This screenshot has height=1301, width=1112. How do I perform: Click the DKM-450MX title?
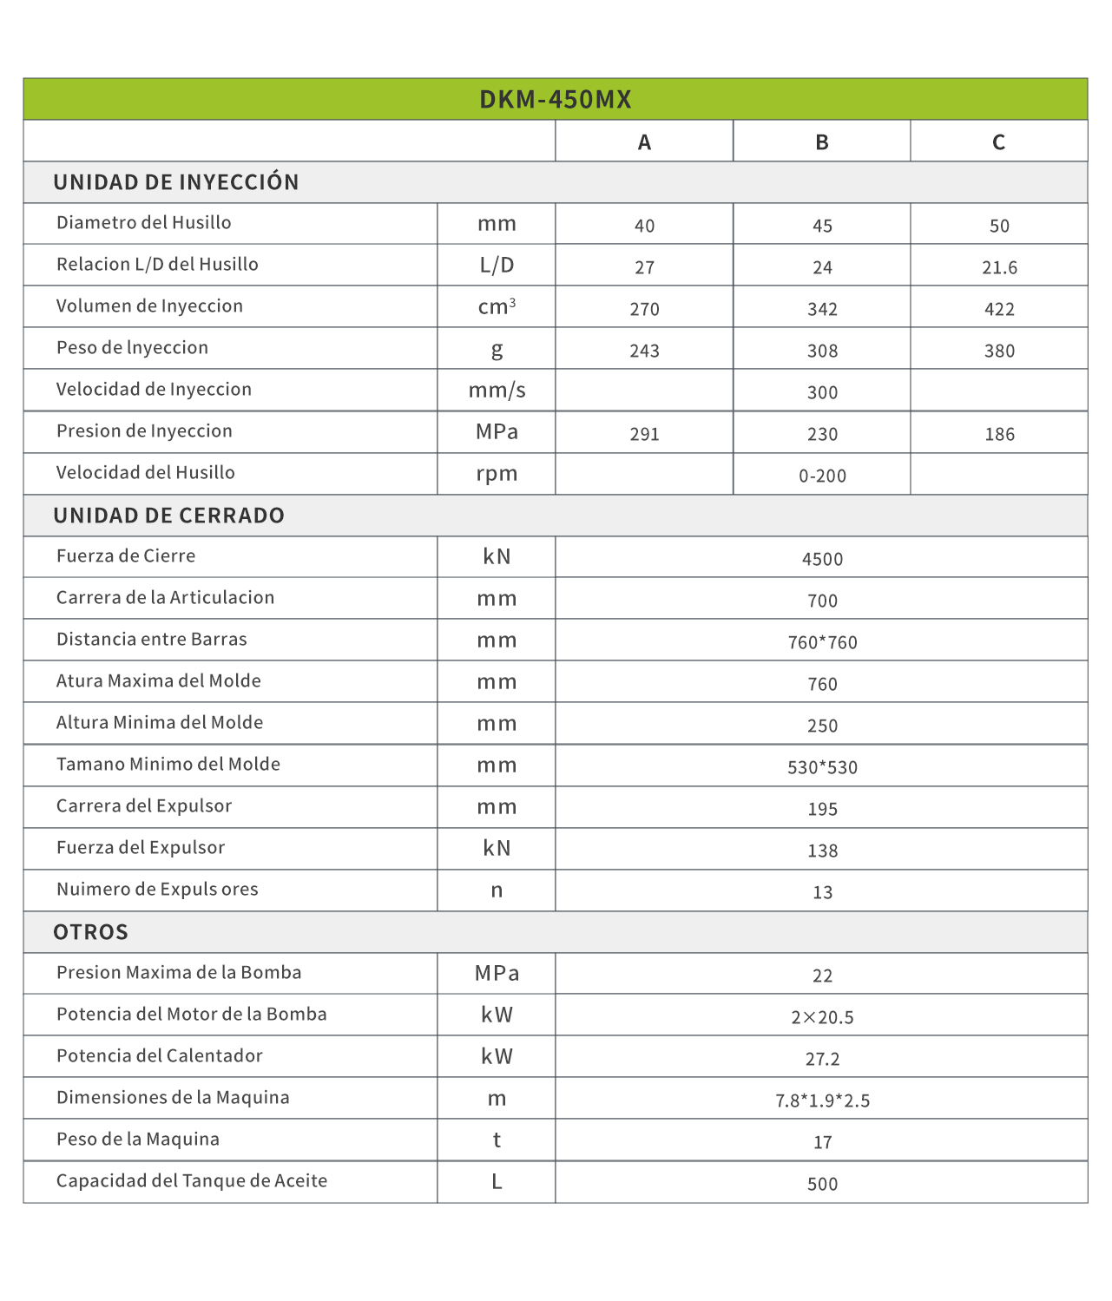tap(556, 99)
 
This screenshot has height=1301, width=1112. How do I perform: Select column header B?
tap(822, 142)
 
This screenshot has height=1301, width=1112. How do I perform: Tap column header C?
tap(999, 142)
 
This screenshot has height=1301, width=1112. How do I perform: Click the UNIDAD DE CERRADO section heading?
tap(169, 516)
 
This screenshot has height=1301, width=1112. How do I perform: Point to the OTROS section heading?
tap(91, 932)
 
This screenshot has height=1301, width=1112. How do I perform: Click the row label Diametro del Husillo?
tap(144, 223)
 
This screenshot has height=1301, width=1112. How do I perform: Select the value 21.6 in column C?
tap(999, 267)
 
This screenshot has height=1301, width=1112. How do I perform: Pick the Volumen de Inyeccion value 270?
tap(644, 309)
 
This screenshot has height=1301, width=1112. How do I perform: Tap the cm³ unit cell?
tap(497, 306)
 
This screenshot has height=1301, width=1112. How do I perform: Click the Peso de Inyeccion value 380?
tap(999, 351)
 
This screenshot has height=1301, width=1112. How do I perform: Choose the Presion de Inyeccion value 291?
tap(644, 434)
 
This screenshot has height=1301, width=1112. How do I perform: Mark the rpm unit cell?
tap(497, 474)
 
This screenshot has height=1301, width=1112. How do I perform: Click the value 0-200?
tap(822, 476)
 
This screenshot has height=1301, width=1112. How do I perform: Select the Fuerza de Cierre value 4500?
tap(822, 559)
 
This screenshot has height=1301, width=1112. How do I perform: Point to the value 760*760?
tap(822, 642)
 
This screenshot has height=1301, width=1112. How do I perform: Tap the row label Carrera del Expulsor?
tap(144, 806)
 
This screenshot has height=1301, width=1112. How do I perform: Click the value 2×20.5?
tap(822, 1017)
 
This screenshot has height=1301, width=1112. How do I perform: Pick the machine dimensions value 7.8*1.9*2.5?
tap(822, 1101)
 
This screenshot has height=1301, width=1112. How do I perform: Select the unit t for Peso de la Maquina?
tap(497, 1140)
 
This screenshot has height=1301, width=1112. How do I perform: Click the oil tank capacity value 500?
tap(822, 1184)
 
